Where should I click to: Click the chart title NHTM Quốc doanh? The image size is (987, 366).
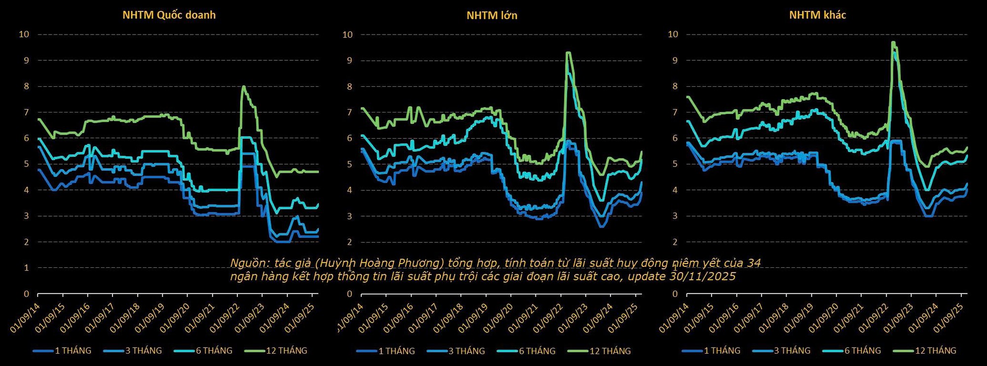click(169, 15)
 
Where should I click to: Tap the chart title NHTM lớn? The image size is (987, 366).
click(492, 15)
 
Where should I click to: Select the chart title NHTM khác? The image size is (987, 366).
click(817, 15)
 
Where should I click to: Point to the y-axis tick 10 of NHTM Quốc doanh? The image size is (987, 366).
click(24, 34)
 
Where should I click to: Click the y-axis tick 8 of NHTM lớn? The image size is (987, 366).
click(349, 86)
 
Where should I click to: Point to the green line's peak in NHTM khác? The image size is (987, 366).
click(893, 42)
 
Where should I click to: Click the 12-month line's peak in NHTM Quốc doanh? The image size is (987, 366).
click(243, 86)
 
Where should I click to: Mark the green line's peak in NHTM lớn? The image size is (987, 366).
click(569, 52)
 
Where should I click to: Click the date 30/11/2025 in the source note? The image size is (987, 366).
click(702, 276)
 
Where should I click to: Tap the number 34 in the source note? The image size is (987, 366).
click(754, 263)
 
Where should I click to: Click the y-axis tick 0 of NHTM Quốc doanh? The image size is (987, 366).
click(27, 294)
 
